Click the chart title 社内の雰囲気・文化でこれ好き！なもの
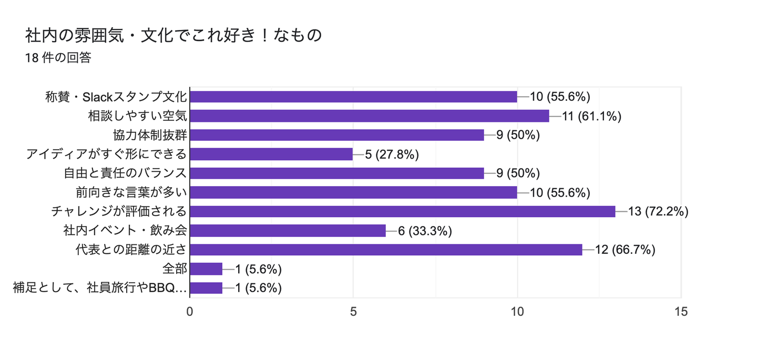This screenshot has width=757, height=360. [173, 36]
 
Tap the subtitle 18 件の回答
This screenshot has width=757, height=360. [58, 58]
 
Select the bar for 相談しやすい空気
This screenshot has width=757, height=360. [369, 116]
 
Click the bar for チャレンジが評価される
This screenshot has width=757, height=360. [402, 211]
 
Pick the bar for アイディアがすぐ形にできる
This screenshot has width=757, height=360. [271, 154]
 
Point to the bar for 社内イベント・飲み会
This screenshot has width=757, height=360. [288, 231]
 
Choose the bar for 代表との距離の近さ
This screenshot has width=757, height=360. [386, 250]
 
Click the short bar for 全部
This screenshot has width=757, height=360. [206, 269]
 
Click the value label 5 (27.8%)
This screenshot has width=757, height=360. [392, 154]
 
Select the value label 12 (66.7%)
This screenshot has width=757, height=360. [625, 250]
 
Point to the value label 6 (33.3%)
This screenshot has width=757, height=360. [425, 231]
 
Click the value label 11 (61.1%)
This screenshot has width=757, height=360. [592, 116]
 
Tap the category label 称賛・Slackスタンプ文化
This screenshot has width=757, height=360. [116, 97]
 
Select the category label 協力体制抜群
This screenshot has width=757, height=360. [150, 135]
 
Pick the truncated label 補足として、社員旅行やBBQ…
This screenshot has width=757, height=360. [100, 288]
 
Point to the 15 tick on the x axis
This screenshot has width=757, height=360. [681, 312]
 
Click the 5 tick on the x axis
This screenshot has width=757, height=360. [353, 312]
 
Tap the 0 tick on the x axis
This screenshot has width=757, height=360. [190, 312]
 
